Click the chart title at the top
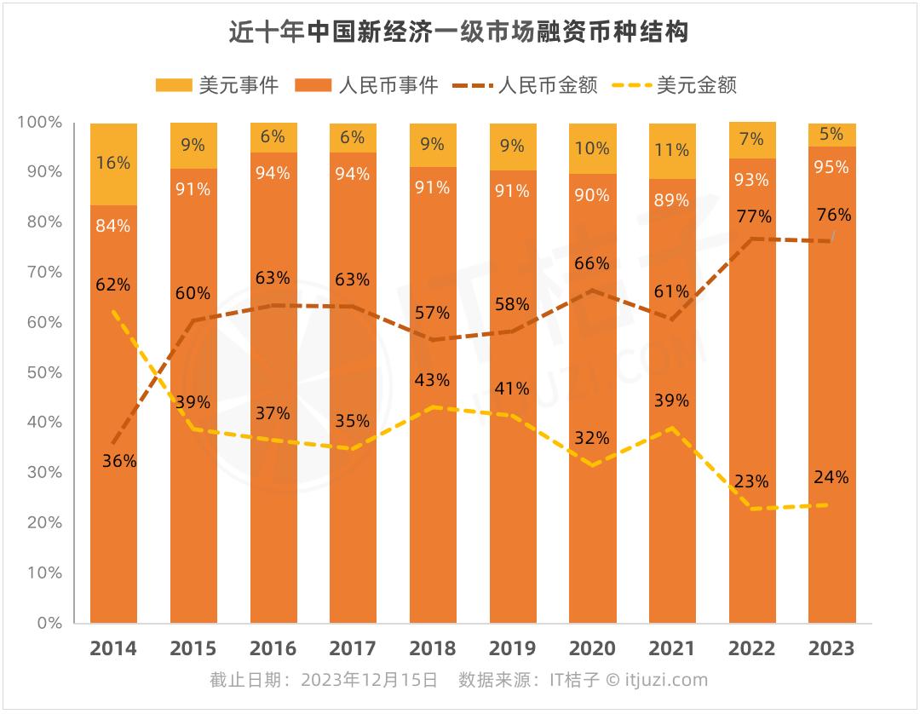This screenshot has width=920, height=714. [x=459, y=32]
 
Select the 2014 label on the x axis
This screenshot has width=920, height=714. [x=113, y=649]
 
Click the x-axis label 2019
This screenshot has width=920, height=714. [x=513, y=649]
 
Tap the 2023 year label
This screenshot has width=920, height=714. [x=831, y=649]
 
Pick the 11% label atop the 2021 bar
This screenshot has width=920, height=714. [x=672, y=150]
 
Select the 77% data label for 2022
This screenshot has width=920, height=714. [x=754, y=216]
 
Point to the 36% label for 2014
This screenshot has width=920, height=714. [x=119, y=461]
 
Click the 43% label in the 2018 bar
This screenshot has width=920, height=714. [x=433, y=379]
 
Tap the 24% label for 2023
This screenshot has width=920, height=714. [x=831, y=477]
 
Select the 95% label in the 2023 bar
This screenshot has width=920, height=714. [x=831, y=167]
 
